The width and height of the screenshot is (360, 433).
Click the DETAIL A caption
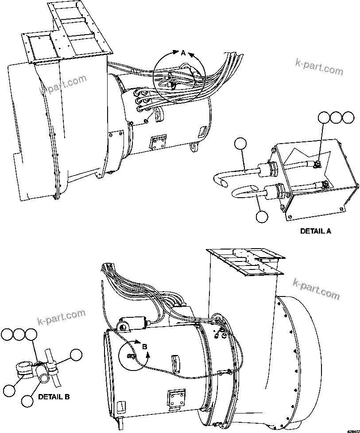(x=315, y=231)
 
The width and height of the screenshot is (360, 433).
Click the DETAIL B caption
(x=54, y=397)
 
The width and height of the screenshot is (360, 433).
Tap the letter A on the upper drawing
(x=183, y=53)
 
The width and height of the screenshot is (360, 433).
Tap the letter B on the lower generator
(x=144, y=347)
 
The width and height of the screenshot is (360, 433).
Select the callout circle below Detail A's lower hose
(x=262, y=216)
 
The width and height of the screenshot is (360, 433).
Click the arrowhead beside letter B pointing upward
(x=149, y=353)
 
